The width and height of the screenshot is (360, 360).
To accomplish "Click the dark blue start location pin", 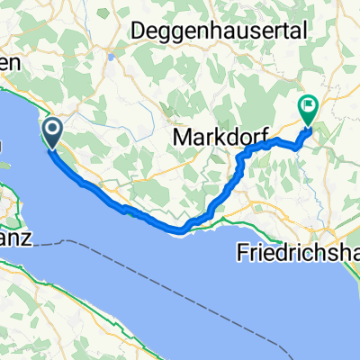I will pos(53,134).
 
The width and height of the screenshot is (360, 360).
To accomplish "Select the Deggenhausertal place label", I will pos(220,30).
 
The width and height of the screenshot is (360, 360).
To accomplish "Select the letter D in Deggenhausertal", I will pos(139,30).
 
